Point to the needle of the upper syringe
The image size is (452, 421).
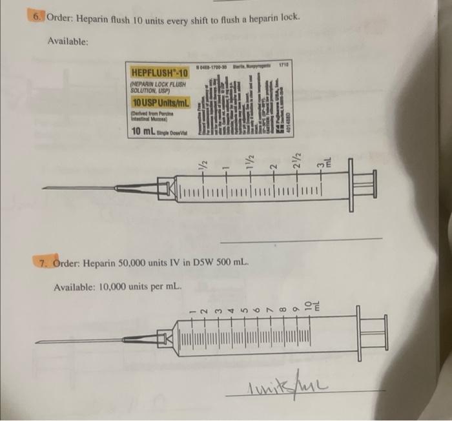[77, 189]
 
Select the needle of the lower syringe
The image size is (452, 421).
[77, 340]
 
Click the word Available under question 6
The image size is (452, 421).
[68, 41]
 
